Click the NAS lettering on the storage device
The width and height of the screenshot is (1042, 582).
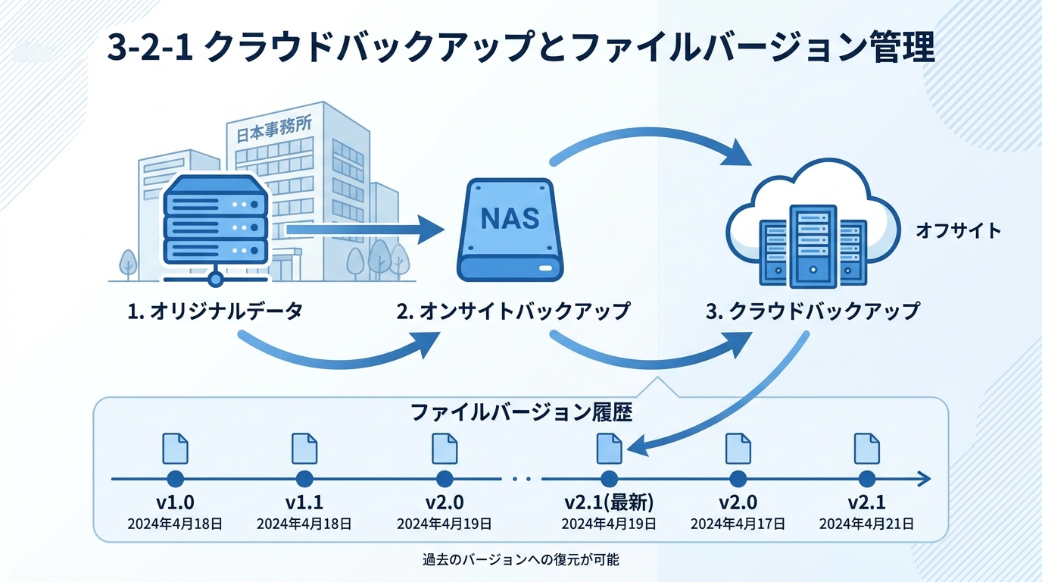(x=510, y=218)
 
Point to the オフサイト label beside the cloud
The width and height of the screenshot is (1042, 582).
(x=958, y=230)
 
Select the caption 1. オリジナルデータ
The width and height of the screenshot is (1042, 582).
(x=216, y=311)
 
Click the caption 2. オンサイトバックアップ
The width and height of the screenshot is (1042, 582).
(x=513, y=311)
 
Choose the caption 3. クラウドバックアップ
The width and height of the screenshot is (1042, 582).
(x=813, y=311)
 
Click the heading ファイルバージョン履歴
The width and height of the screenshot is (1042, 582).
(x=521, y=413)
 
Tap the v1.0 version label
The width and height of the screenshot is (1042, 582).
(x=175, y=502)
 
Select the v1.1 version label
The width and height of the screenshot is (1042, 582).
(x=304, y=502)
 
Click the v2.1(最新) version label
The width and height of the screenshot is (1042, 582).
(x=609, y=502)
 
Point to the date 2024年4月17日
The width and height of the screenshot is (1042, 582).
(x=738, y=524)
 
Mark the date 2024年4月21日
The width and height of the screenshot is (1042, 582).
(x=866, y=524)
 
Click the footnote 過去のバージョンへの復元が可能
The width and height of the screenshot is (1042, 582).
(x=521, y=561)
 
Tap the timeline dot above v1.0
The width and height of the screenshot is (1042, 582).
(x=175, y=479)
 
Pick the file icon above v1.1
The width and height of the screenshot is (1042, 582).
(x=304, y=448)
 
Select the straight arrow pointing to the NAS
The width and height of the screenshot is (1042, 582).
(x=363, y=228)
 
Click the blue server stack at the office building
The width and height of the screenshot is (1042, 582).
(x=216, y=220)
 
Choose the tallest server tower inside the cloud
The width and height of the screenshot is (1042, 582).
(x=814, y=246)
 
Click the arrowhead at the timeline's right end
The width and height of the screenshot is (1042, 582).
(x=923, y=479)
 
